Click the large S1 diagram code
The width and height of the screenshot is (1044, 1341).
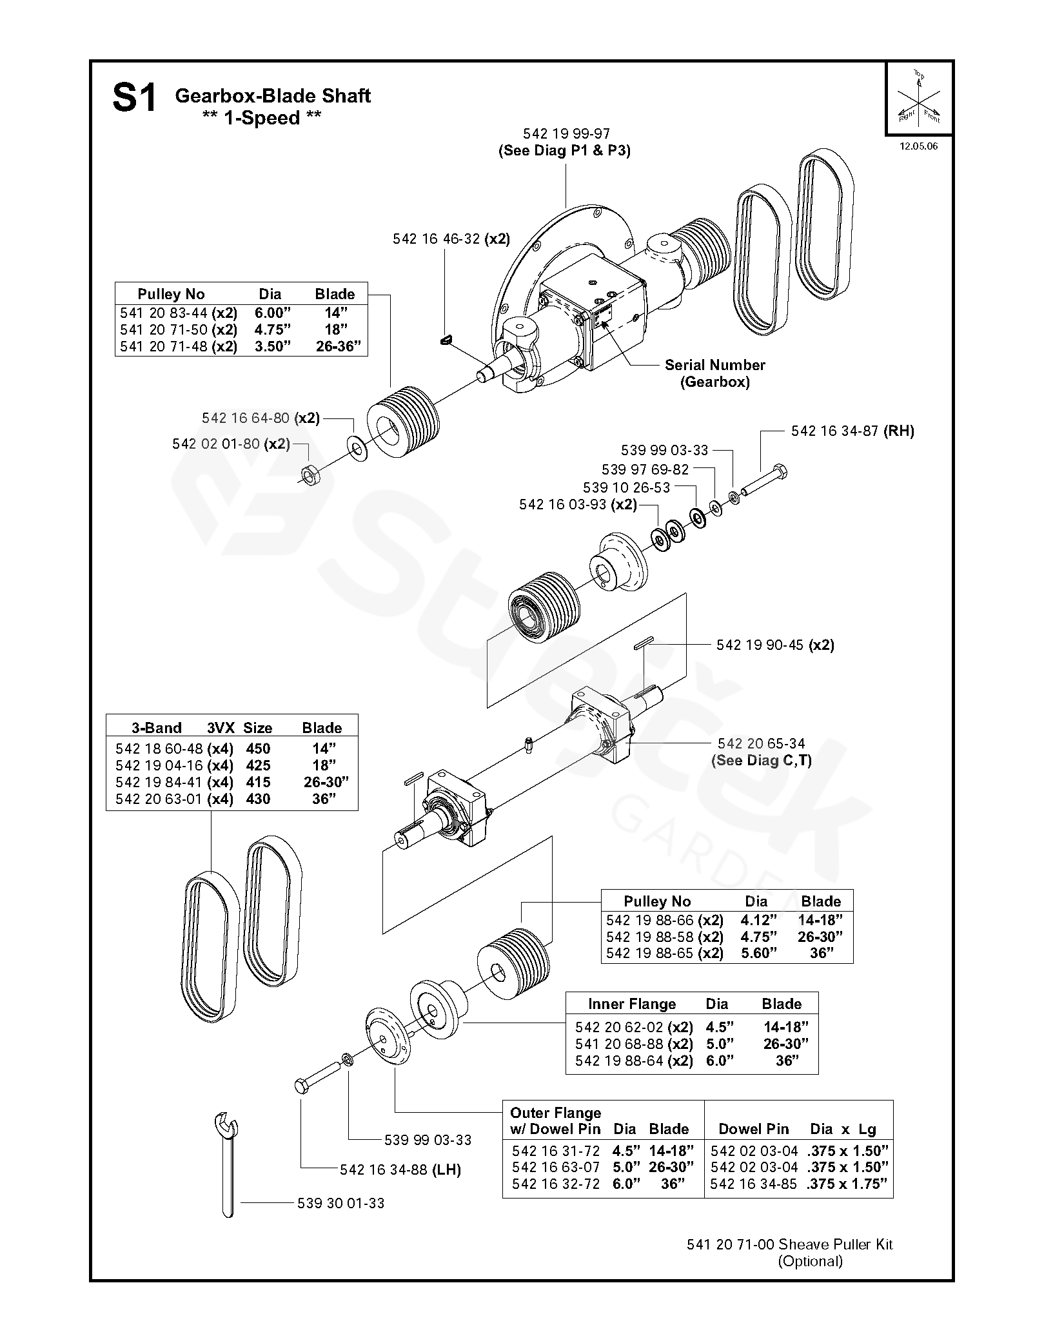pyautogui.click(x=134, y=99)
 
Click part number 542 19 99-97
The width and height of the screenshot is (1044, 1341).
pyautogui.click(x=566, y=133)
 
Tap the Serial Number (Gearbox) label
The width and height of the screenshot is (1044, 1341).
pyautogui.click(x=714, y=373)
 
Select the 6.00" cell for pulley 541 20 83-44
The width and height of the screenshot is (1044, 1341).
pyautogui.click(x=272, y=313)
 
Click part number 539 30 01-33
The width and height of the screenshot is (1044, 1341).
pyautogui.click(x=340, y=1203)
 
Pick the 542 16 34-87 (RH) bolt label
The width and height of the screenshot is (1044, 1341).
pyautogui.click(x=852, y=431)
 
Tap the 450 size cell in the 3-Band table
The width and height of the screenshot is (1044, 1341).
pyautogui.click(x=258, y=749)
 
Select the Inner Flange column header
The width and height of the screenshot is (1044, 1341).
pyautogui.click(x=631, y=1004)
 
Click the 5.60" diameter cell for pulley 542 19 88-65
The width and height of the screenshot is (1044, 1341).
pyautogui.click(x=758, y=954)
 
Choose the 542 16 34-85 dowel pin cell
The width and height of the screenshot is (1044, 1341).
pyautogui.click(x=753, y=1184)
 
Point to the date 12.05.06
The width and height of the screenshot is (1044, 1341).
pyautogui.click(x=918, y=146)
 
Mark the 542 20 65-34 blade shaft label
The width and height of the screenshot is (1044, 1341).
pyautogui.click(x=761, y=743)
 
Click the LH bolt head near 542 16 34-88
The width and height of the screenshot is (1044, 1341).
pyautogui.click(x=301, y=1086)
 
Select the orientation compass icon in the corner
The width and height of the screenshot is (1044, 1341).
pyautogui.click(x=919, y=99)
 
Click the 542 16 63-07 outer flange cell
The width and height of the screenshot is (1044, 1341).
pyautogui.click(x=555, y=1167)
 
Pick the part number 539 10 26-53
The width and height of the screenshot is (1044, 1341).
pyautogui.click(x=626, y=487)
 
